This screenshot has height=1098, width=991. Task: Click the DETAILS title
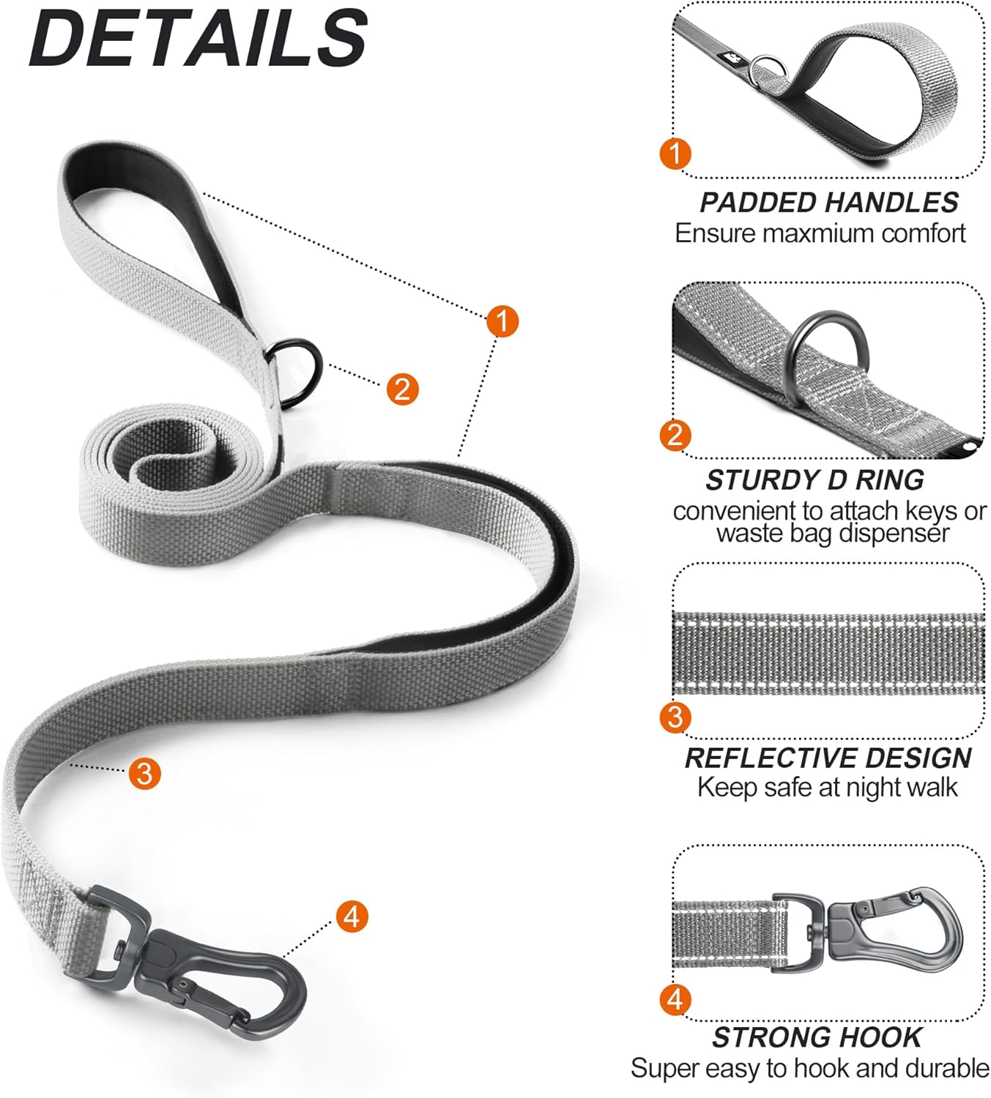click(198, 38)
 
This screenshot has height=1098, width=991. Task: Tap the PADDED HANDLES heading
click(828, 203)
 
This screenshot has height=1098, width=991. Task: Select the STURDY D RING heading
click(814, 480)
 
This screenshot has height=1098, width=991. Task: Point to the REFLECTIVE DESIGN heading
click(828, 758)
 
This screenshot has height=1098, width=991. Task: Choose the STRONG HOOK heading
click(817, 1037)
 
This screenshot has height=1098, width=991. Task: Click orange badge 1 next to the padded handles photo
click(675, 154)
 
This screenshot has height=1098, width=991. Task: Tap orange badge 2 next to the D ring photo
click(675, 436)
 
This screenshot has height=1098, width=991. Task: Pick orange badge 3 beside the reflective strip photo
click(675, 717)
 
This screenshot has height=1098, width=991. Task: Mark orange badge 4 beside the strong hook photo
click(675, 1000)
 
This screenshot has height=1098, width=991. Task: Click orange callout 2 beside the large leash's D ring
click(402, 389)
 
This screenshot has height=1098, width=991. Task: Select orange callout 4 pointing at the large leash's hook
click(352, 916)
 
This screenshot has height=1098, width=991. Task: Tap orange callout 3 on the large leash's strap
click(144, 773)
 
